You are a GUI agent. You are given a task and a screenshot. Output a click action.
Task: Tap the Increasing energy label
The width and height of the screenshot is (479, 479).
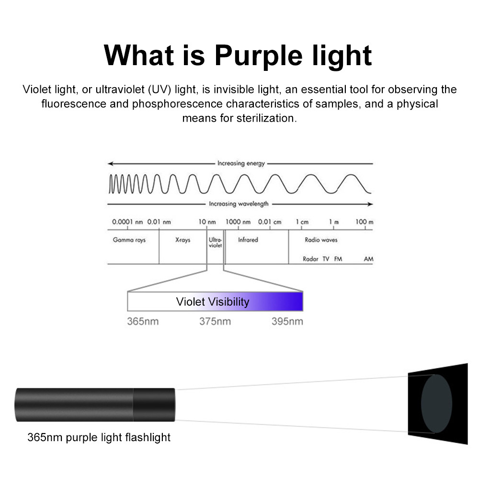241,163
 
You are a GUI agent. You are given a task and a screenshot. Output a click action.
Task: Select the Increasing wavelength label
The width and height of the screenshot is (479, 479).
239,204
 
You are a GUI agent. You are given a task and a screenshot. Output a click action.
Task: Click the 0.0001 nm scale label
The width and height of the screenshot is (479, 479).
128,222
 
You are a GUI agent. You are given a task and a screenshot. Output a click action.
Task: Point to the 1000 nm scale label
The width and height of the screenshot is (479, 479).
238,222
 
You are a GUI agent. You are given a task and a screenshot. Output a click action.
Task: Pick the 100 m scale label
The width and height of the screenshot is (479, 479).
364,222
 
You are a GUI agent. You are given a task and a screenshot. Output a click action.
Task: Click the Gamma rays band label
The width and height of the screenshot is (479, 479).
129,239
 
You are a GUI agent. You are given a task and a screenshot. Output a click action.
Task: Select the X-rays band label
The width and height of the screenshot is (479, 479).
182,239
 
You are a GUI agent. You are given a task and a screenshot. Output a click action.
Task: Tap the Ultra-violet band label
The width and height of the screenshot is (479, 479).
216,242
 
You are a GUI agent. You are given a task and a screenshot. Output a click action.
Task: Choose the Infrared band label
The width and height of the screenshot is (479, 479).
248,239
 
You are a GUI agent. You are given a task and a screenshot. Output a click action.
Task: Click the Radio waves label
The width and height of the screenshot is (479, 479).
321,239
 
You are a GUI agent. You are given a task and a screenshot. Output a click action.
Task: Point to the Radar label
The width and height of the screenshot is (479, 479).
310,259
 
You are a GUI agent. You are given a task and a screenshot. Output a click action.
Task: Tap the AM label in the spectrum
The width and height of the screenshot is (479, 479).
368,259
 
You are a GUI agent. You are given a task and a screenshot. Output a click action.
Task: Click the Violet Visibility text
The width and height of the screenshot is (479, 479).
213,302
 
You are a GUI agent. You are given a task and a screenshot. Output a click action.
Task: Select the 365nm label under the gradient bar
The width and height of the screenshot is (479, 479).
143,321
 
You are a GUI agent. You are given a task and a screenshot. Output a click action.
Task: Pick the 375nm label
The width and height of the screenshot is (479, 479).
215,321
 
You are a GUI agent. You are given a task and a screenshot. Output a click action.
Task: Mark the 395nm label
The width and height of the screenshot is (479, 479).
287,321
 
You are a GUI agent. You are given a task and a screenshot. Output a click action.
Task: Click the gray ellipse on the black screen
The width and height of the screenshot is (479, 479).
436,404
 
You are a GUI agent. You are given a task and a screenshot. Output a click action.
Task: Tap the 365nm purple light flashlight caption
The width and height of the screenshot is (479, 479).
99,437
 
